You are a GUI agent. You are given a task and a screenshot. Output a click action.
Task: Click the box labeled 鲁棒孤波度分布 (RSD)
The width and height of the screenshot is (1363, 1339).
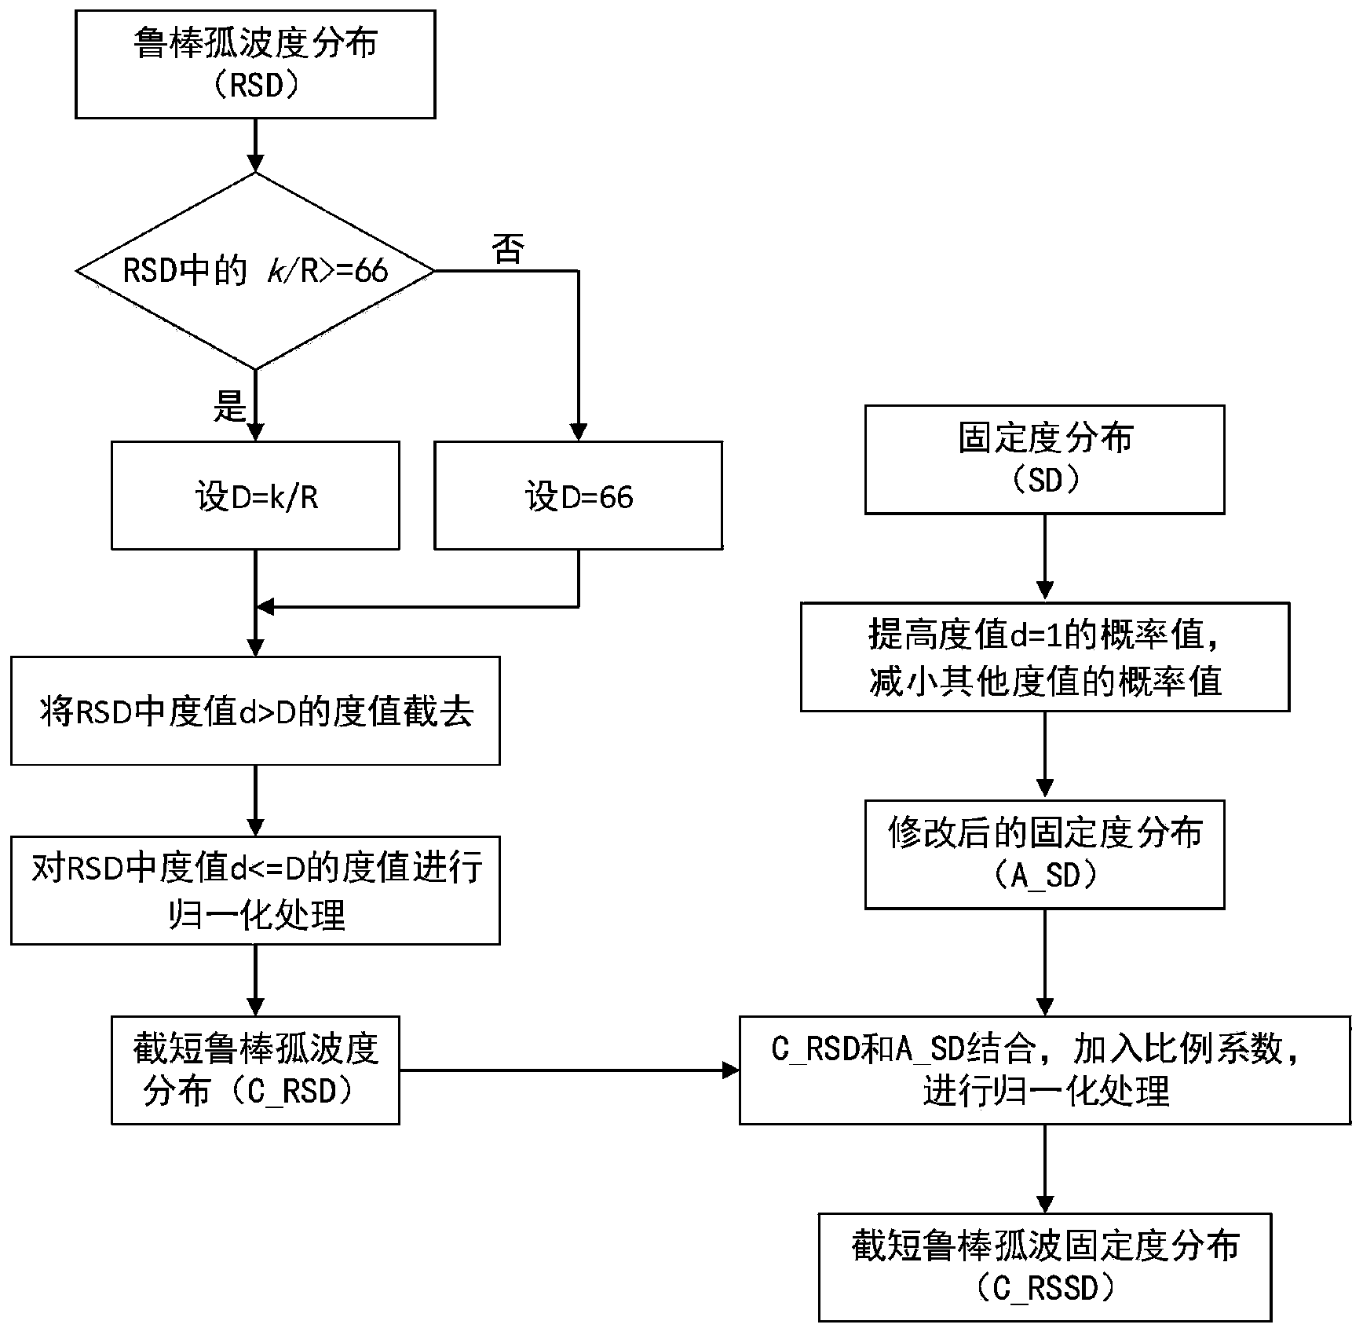click(255, 64)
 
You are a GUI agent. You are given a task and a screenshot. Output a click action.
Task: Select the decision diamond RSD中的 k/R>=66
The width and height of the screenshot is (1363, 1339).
click(255, 271)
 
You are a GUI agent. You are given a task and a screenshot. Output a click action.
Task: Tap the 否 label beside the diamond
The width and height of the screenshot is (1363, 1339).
click(508, 250)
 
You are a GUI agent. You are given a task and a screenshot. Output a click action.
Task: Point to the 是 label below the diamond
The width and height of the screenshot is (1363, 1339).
click(229, 406)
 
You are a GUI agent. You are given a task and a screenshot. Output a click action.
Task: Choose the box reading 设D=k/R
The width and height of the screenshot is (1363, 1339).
click(255, 496)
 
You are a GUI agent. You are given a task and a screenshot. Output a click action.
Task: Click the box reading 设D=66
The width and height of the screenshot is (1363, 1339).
click(578, 496)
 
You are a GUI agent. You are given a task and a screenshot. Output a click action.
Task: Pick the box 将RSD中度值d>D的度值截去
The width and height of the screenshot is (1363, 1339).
click(255, 711)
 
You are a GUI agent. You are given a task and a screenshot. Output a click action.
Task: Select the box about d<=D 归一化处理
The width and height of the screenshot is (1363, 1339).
click(255, 890)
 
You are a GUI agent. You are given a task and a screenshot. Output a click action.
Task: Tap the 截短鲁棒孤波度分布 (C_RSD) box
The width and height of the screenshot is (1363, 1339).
click(255, 1070)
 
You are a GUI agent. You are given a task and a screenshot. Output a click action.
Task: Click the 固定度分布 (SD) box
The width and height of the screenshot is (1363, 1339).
click(1044, 459)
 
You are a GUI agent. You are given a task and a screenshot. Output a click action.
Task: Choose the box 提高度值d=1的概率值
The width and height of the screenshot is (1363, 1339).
click(1044, 657)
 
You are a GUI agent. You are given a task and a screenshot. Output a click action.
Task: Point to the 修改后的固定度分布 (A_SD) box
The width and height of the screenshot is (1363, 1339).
click(1044, 854)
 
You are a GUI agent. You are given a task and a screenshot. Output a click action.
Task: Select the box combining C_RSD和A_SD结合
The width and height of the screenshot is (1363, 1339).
click(1044, 1070)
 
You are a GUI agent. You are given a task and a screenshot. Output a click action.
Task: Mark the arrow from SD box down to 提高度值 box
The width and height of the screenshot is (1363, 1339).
click(1044, 558)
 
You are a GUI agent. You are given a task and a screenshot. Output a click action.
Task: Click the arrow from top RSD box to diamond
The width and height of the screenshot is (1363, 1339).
click(255, 145)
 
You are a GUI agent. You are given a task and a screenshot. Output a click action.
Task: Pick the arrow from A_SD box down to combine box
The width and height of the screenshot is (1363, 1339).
click(1044, 962)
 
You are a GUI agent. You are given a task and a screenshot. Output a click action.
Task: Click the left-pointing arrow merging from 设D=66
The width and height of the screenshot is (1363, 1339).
click(416, 607)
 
